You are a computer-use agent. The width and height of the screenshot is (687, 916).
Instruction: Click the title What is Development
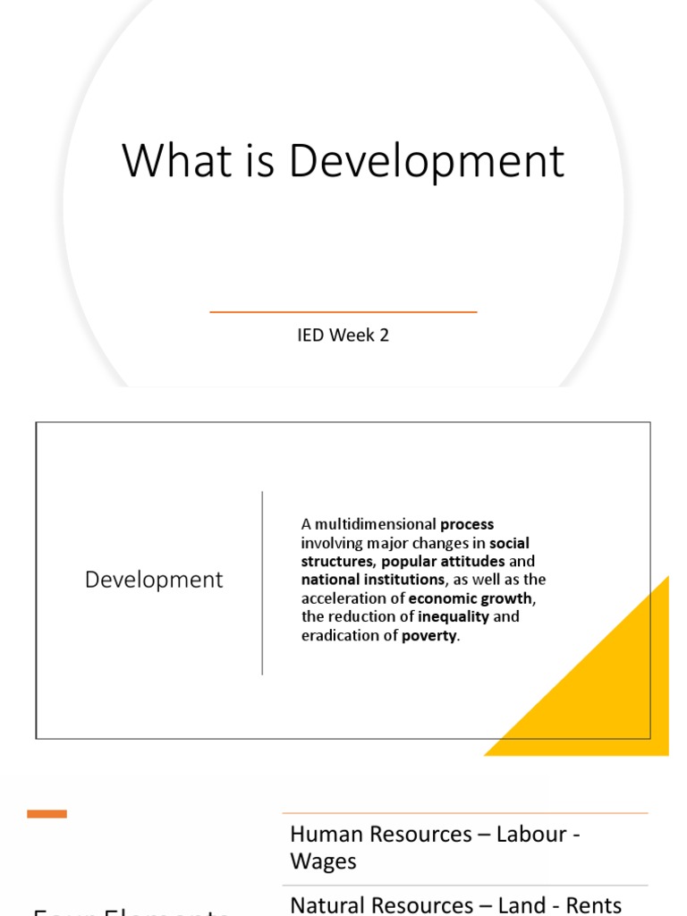tap(343, 161)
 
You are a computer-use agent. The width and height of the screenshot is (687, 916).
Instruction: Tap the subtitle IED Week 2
tap(343, 335)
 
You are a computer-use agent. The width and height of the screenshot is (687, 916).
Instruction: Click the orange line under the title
tap(343, 312)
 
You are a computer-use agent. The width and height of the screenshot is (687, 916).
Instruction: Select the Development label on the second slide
tap(154, 580)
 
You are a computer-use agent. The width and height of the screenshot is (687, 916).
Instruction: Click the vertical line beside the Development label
tap(262, 582)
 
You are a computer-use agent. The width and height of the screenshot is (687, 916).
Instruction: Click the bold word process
tap(467, 524)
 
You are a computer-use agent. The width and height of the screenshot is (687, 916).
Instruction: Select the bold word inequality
tap(454, 617)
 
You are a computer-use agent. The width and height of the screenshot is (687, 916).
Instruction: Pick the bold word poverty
tap(428, 636)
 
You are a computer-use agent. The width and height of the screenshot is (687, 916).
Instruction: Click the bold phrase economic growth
tap(471, 598)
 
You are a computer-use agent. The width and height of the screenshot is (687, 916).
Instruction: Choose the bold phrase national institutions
tap(372, 580)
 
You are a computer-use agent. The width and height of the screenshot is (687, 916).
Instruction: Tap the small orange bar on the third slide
tap(47, 813)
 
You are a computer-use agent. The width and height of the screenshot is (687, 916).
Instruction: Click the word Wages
tap(323, 861)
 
